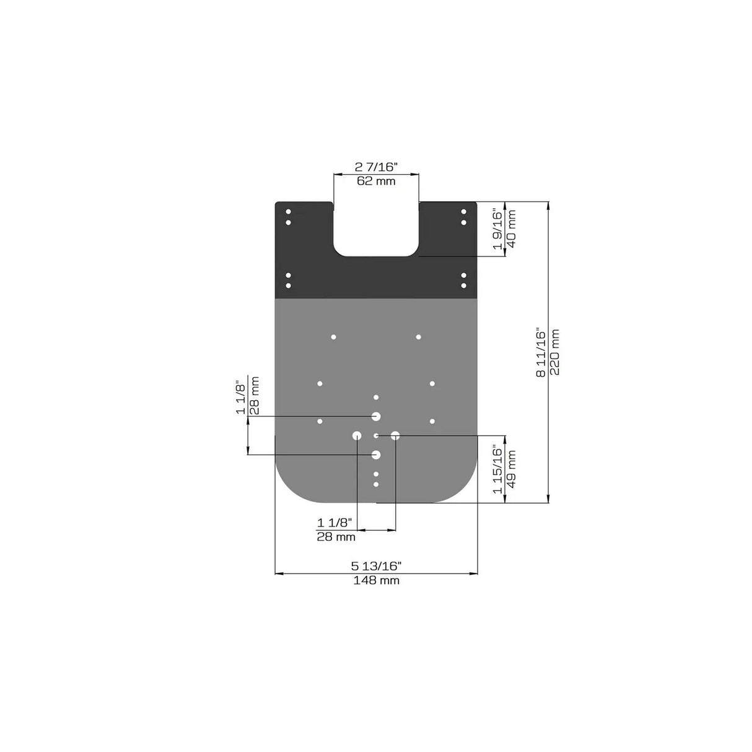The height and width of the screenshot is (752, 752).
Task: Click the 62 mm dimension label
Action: (376, 181)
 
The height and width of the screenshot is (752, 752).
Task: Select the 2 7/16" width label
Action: (376, 167)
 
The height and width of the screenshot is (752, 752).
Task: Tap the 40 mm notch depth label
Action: (512, 229)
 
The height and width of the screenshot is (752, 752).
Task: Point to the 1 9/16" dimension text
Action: (497, 229)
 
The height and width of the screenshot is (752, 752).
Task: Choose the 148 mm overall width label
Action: (376, 581)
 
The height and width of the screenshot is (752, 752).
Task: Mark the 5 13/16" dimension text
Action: (376, 566)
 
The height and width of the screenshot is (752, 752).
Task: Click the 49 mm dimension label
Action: (512, 469)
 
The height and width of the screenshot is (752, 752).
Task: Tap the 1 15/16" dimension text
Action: (497, 469)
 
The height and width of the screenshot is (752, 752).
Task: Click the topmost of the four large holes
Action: (376, 416)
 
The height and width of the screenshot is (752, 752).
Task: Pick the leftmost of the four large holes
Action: (357, 435)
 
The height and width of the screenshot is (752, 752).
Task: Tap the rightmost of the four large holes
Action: (395, 435)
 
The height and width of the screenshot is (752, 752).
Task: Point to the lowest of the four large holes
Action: (376, 455)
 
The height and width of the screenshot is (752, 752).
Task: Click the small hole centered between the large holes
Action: (376, 435)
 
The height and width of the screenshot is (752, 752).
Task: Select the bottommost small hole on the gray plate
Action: (376, 484)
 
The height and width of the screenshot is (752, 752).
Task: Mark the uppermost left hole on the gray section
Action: (333, 337)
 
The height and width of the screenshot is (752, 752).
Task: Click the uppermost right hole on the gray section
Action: (419, 337)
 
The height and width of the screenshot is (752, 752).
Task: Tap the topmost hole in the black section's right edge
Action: (463, 212)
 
